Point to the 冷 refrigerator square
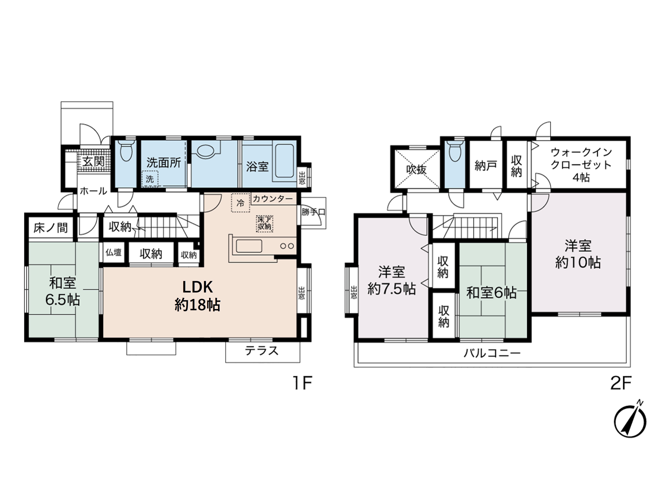click(240, 203)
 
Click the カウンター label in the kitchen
click(273, 199)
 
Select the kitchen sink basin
click(249, 246)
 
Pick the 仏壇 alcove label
click(113, 252)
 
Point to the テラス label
click(262, 351)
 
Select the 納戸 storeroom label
click(486, 166)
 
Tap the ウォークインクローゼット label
click(581, 165)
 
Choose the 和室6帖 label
click(492, 293)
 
